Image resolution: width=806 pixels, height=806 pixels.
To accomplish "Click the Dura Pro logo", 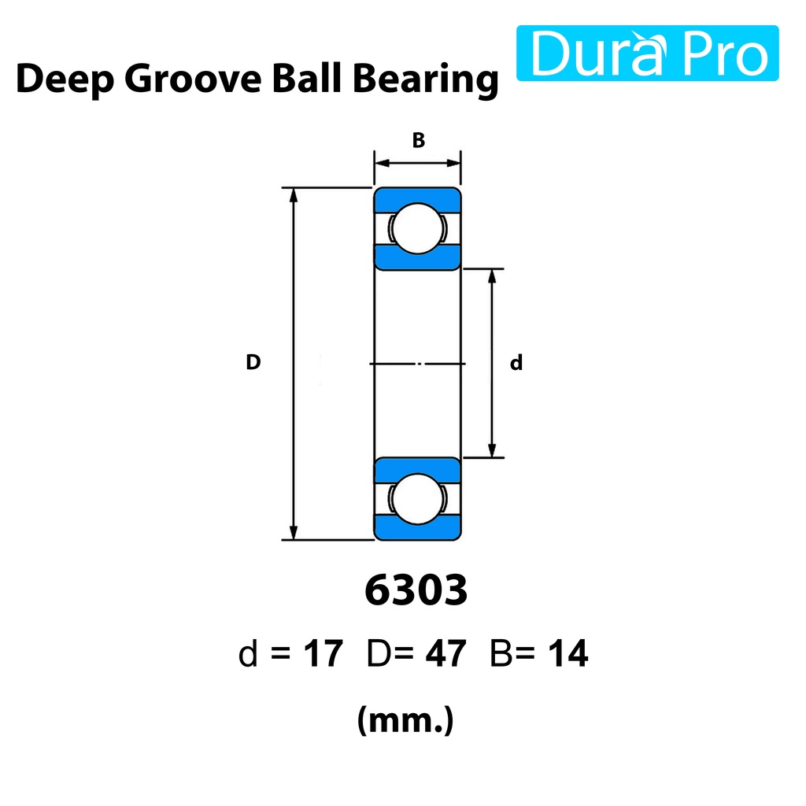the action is click(647, 53).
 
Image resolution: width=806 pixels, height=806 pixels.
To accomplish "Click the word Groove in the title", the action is click(193, 79).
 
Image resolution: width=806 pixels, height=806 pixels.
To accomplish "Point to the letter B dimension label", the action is click(419, 140).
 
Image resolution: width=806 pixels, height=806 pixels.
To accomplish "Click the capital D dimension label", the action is click(253, 362).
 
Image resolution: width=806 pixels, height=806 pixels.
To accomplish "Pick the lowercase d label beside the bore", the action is click(516, 362).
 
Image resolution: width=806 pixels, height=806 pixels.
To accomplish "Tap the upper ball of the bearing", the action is click(417, 228).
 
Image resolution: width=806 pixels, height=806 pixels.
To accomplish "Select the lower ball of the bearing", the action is click(417, 498).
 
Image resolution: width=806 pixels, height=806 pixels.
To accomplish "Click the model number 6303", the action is click(416, 590).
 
